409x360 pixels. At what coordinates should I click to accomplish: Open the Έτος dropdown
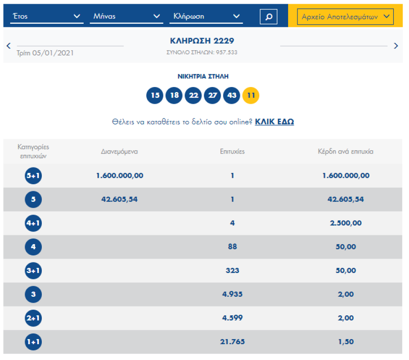(x=46, y=16)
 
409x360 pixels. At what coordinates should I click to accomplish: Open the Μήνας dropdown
(x=126, y=16)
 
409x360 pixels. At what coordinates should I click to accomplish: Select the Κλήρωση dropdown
(x=206, y=16)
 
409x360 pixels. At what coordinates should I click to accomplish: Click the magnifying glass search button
(x=268, y=17)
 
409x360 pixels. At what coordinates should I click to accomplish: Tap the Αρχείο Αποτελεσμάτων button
(x=345, y=17)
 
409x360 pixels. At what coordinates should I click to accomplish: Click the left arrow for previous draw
(x=8, y=46)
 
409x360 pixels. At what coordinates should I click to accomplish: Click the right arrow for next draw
(x=396, y=46)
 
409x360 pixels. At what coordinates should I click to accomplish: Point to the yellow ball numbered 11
(x=251, y=96)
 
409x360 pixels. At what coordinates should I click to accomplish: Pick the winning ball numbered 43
(x=232, y=96)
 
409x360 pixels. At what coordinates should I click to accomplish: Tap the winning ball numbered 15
(x=155, y=96)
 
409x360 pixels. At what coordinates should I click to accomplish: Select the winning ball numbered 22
(x=193, y=96)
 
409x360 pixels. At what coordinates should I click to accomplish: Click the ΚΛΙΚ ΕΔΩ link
(x=274, y=122)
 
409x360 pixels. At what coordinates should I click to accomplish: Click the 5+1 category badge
(x=33, y=176)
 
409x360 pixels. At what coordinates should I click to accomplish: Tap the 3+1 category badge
(x=33, y=271)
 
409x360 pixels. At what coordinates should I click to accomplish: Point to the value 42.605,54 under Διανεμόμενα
(x=119, y=200)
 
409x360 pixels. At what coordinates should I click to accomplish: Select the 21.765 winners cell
(x=232, y=342)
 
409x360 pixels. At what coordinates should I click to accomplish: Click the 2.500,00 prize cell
(x=345, y=223)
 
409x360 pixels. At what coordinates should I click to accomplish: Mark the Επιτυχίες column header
(x=232, y=152)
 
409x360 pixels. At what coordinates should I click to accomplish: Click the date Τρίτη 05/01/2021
(x=45, y=53)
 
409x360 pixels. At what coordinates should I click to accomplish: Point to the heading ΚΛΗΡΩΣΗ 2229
(x=202, y=41)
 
